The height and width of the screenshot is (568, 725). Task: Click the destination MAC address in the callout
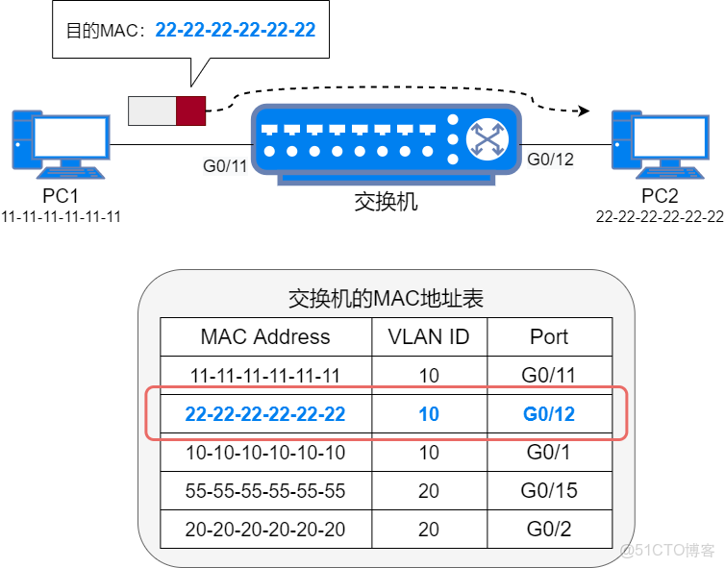click(235, 30)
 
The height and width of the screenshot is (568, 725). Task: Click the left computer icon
click(58, 144)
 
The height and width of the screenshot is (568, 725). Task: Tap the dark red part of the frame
click(192, 110)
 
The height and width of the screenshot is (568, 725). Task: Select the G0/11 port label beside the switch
click(225, 166)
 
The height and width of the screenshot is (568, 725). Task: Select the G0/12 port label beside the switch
click(551, 160)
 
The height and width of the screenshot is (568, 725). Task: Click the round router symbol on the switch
click(487, 140)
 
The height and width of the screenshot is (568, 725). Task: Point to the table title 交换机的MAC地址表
click(386, 299)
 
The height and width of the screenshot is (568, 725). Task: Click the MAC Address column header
click(265, 337)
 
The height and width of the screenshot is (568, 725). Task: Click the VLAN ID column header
click(429, 337)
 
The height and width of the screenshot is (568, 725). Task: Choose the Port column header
click(549, 337)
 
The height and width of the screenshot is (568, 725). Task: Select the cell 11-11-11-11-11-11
click(265, 375)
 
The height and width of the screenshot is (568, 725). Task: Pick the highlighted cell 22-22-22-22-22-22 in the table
click(265, 414)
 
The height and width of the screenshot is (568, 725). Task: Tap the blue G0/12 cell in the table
click(549, 414)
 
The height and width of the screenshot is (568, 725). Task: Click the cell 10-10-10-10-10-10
click(265, 452)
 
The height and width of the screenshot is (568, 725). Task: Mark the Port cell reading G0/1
click(549, 452)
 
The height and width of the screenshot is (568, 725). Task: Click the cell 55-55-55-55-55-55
click(265, 491)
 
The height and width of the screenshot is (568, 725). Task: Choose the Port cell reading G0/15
click(549, 491)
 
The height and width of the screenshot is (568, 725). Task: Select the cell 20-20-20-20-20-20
click(265, 530)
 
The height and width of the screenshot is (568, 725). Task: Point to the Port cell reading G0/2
click(549, 530)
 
